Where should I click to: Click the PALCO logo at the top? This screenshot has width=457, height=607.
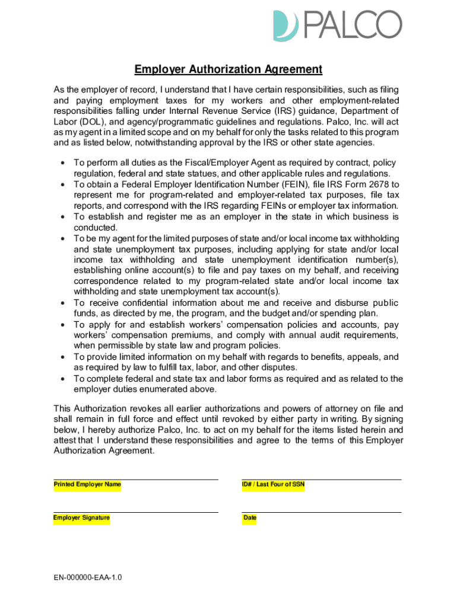(x=337, y=25)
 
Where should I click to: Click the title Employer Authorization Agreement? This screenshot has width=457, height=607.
(x=228, y=69)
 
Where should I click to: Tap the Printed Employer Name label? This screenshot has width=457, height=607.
(x=87, y=485)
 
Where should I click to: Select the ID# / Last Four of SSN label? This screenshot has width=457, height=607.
(x=273, y=485)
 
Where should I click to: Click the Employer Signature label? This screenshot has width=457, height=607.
(x=82, y=518)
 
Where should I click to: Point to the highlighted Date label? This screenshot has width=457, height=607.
(x=250, y=518)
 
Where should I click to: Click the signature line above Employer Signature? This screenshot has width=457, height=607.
(x=135, y=512)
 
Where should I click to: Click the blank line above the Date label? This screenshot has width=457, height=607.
(x=321, y=512)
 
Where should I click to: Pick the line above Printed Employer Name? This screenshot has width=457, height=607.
(x=135, y=479)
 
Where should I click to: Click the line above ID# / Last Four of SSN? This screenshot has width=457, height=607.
(x=321, y=479)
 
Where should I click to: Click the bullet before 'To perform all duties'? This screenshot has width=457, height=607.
(x=62, y=163)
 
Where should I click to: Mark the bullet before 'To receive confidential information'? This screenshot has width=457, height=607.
(x=62, y=303)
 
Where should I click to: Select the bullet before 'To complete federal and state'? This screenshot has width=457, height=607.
(x=62, y=379)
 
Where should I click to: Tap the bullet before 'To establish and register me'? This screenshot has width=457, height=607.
(x=62, y=217)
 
